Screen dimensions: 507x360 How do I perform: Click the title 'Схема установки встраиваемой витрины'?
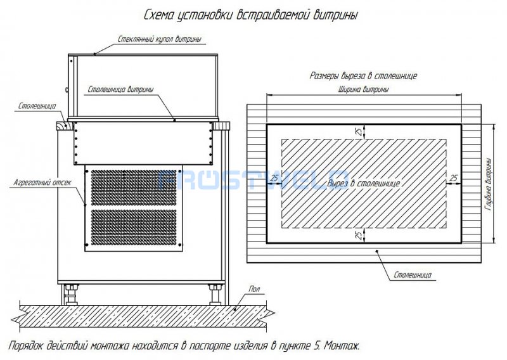point(251,15)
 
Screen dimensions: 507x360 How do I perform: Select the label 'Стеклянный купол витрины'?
point(160,39)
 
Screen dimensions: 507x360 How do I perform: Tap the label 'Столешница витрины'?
point(120,89)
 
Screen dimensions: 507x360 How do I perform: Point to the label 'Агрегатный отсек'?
point(42,183)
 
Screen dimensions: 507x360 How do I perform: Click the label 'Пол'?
point(254,289)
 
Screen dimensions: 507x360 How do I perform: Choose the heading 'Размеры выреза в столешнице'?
point(363,75)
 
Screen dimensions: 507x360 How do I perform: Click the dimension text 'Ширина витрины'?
point(363,89)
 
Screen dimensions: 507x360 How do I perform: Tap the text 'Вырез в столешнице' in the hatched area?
point(363,183)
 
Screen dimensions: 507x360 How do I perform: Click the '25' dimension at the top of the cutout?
point(359,131)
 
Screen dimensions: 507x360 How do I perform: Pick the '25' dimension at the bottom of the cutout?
point(359,235)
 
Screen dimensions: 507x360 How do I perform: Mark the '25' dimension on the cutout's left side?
point(274,178)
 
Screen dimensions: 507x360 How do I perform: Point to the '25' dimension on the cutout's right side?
point(454,178)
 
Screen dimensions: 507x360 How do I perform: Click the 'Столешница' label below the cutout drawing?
point(413,275)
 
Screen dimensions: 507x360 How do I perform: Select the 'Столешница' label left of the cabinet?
point(37,106)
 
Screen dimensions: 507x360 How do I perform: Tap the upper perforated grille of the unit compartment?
point(134,187)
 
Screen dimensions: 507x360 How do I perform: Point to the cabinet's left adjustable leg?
point(71,295)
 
